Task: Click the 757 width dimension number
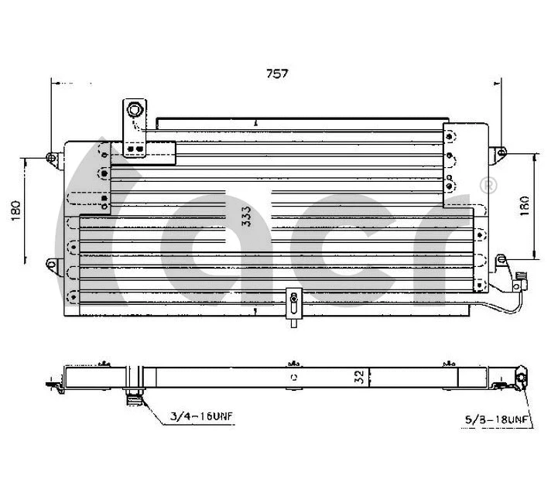[x=277, y=74]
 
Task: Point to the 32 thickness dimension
[x=358, y=377]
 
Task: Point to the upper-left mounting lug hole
[x=51, y=159]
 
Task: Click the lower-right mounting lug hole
[x=499, y=262]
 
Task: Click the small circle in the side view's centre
[x=293, y=378]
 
